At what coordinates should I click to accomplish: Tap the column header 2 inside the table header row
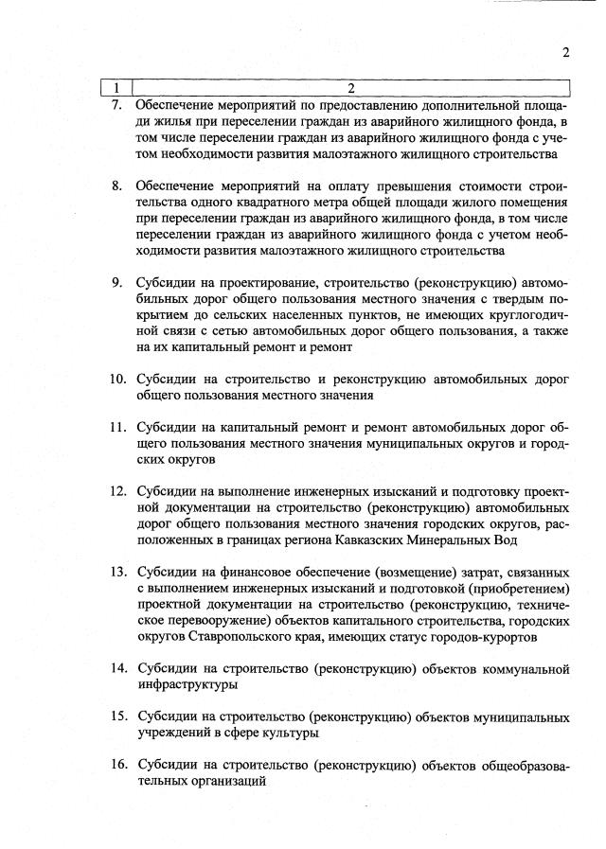tap(350, 88)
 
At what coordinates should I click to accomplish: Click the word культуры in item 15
tap(288, 733)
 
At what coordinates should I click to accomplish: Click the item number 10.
tap(117, 379)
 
